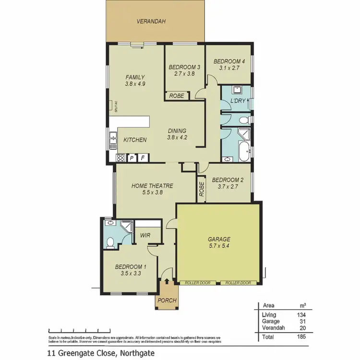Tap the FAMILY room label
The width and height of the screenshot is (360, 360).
coord(135,77)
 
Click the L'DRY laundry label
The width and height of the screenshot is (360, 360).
coord(238,101)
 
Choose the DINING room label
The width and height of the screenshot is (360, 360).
coord(177,131)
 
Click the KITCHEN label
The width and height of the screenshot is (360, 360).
coord(135,140)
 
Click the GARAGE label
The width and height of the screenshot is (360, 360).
coord(219,239)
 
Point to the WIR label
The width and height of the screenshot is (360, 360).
coord(145,236)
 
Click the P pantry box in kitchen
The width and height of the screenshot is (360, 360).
coord(131,157)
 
